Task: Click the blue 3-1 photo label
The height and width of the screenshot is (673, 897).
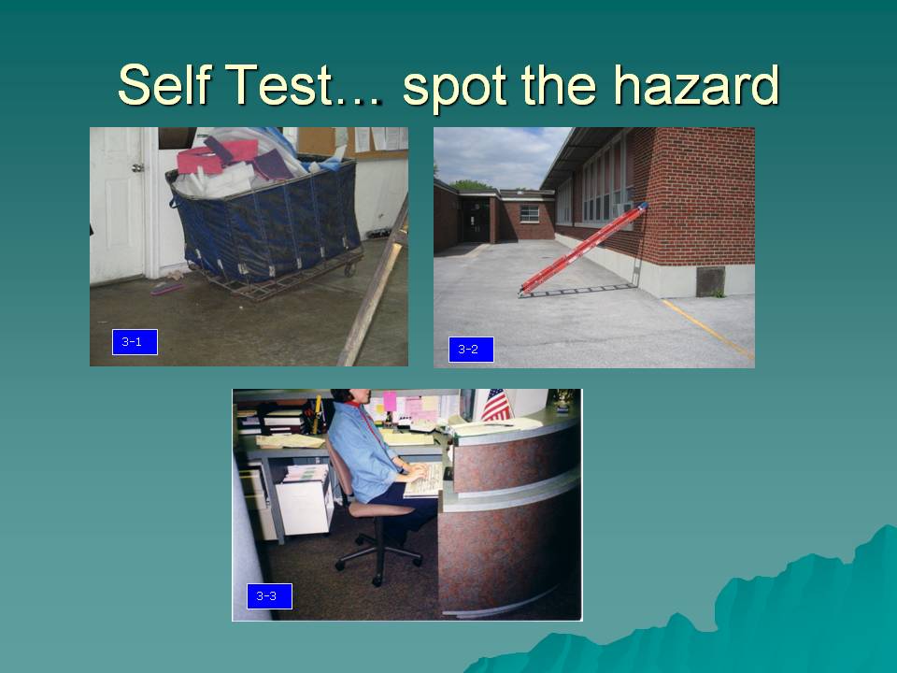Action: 135,342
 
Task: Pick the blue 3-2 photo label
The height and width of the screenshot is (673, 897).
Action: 471,349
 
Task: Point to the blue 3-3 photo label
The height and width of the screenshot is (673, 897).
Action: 269,596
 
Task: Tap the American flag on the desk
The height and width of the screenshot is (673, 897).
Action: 496,405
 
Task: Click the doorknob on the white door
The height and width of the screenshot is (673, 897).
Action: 137,167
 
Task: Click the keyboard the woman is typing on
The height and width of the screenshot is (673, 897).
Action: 424,480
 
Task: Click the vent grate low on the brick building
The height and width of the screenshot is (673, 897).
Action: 710,281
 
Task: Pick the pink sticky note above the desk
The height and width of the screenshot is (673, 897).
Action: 390,401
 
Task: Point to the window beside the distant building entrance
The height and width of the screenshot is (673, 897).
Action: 529,213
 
